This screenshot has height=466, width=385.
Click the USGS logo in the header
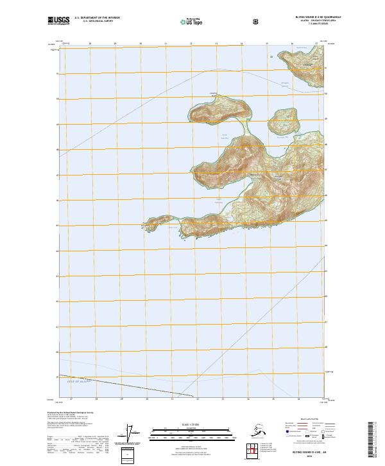pyautogui.click(x=58, y=20)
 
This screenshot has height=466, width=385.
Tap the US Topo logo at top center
pyautogui.click(x=193, y=21)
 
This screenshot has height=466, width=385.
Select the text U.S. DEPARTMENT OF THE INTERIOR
pyautogui.click(x=97, y=18)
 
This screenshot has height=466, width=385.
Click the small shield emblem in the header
pyautogui.click(x=257, y=21)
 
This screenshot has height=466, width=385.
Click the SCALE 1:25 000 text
pyautogui.click(x=192, y=424)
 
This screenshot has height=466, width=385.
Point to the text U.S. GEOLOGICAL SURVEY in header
pyautogui.click(x=97, y=21)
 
